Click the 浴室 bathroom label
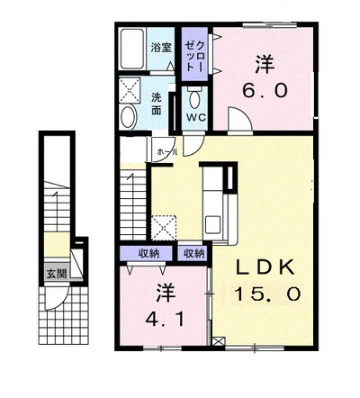[x=161, y=48]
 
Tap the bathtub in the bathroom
[x=132, y=48]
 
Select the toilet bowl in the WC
[x=194, y=98]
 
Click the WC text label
[x=195, y=117]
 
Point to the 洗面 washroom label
[x=157, y=104]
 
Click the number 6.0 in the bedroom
[x=265, y=90]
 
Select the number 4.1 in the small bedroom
[x=165, y=320]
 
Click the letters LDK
[x=265, y=268]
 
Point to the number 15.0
[x=267, y=294]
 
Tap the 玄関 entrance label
[x=57, y=274]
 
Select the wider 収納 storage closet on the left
[x=146, y=254]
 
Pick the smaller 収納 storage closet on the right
[x=193, y=254]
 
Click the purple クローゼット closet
[x=195, y=54]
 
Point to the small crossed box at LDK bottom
[x=218, y=341]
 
